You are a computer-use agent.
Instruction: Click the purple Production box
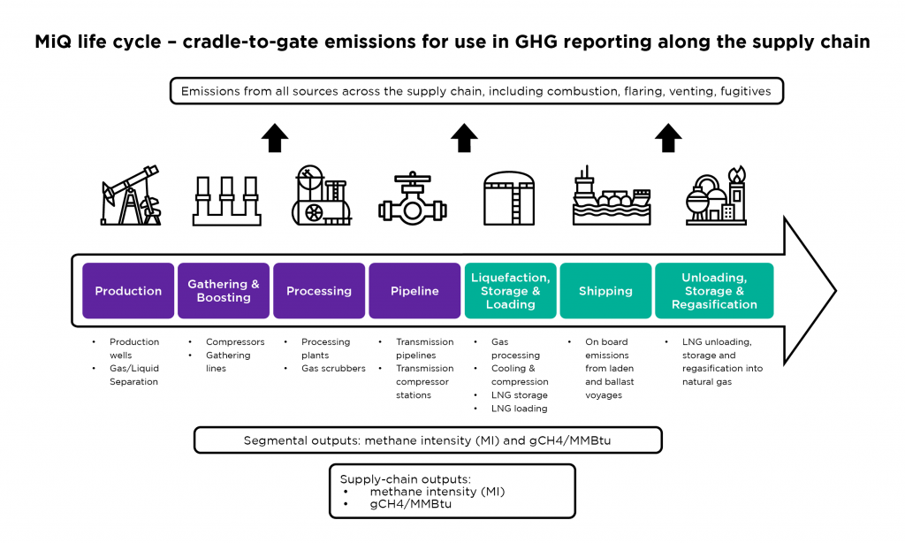[128, 291]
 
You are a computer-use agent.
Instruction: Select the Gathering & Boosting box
[224, 291]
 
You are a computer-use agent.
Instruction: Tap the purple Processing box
[319, 291]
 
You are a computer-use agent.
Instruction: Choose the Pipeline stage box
[414, 291]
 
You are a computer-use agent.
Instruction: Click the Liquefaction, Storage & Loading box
[510, 291]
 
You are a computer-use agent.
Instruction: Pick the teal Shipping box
[605, 291]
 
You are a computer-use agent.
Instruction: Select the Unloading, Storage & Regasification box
[714, 291]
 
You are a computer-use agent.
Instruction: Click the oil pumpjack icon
[131, 195]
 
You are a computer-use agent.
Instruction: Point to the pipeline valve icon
[413, 198]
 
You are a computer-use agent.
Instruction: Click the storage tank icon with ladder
[508, 198]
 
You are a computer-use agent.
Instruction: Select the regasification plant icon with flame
[716, 195]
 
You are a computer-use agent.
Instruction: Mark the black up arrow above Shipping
[668, 138]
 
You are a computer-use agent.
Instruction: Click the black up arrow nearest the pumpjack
[275, 138]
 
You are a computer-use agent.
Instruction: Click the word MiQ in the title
[56, 42]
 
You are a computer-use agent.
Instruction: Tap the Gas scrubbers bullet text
[333, 369]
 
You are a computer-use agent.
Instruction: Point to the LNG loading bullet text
[519, 409]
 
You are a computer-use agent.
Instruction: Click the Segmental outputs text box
[428, 440]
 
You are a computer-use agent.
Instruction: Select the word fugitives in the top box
[745, 91]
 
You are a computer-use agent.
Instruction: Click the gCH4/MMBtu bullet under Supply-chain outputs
[410, 504]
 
